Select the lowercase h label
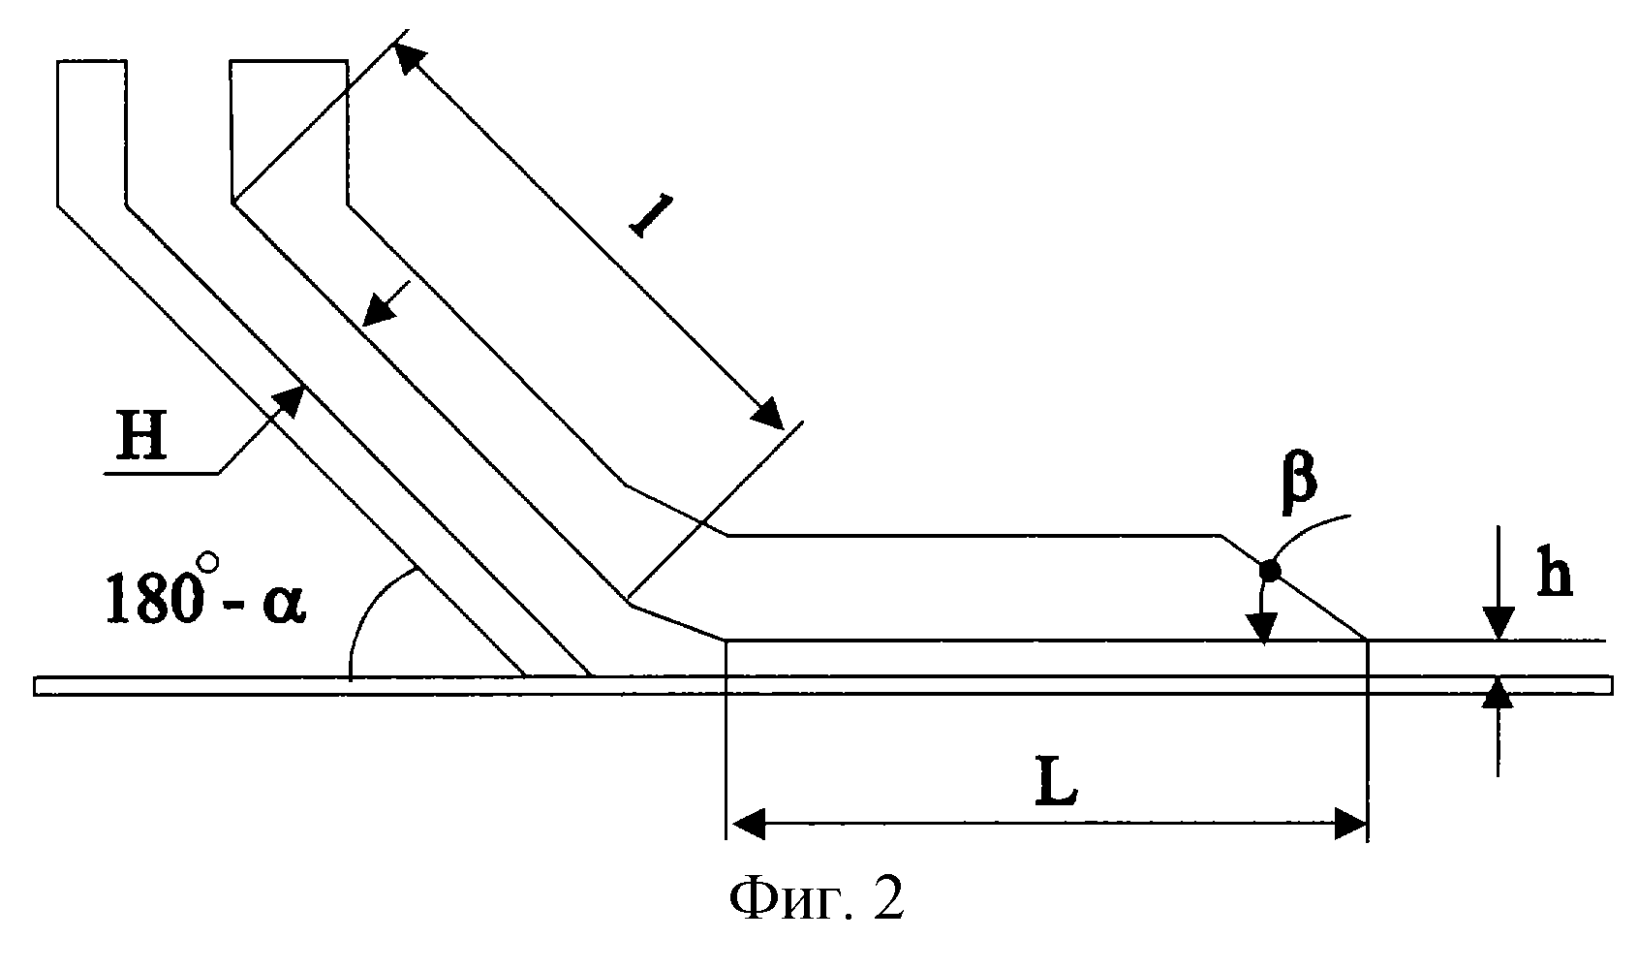click(x=1555, y=578)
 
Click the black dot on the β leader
click(x=1269, y=571)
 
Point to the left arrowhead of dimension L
click(x=746, y=825)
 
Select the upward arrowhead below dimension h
click(x=1498, y=694)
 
